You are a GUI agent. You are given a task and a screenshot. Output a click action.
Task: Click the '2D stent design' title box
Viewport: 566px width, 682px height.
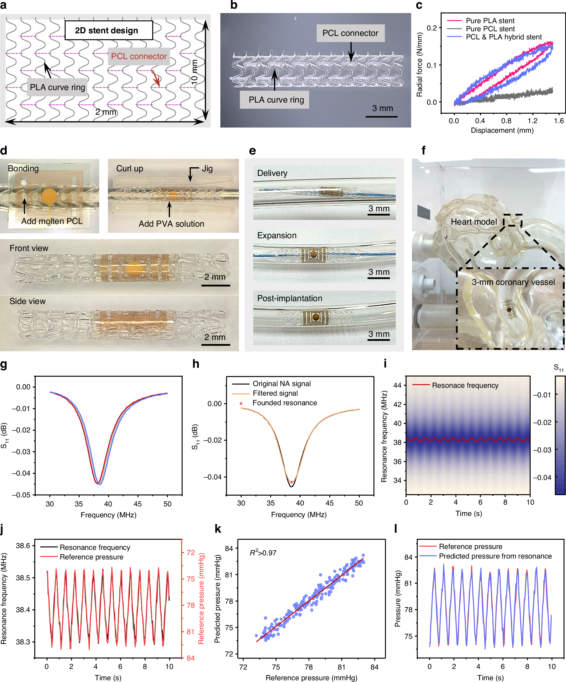click(x=108, y=30)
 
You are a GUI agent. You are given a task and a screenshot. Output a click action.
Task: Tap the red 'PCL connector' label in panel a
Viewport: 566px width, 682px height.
click(x=139, y=56)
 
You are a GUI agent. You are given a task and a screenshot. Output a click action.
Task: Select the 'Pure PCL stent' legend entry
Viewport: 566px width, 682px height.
click(x=490, y=29)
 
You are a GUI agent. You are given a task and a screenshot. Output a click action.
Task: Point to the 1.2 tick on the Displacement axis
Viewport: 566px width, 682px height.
click(x=532, y=121)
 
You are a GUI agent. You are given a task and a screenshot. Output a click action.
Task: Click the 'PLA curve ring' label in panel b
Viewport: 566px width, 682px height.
click(x=276, y=100)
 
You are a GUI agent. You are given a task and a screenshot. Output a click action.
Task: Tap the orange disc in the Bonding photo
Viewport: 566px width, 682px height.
click(x=49, y=196)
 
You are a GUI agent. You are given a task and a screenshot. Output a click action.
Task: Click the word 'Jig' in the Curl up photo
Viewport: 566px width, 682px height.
click(x=207, y=169)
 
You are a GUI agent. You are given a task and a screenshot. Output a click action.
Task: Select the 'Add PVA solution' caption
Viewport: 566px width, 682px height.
click(x=171, y=224)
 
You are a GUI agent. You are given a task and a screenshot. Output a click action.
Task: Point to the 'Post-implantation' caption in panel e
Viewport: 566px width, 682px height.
click(x=289, y=298)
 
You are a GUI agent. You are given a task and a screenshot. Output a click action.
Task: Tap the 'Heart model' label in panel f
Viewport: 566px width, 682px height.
click(x=474, y=222)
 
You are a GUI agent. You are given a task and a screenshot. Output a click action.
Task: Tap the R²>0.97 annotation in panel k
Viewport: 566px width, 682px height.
click(x=263, y=553)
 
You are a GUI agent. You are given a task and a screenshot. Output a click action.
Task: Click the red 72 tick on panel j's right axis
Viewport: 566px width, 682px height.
click(x=191, y=552)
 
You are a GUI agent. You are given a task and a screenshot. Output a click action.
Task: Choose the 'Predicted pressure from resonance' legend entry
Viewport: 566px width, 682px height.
click(x=495, y=556)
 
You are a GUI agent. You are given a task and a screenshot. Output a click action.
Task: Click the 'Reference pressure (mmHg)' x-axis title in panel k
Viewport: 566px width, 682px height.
click(x=311, y=677)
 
